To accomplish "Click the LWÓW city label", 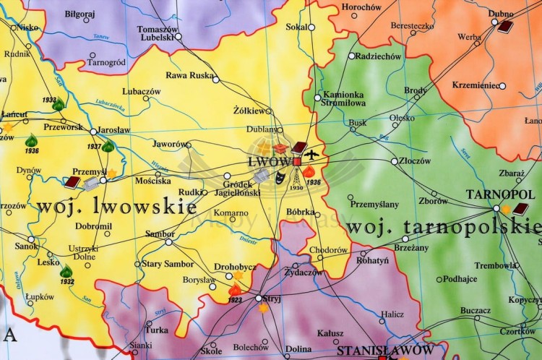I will pyautogui.click(x=268, y=161).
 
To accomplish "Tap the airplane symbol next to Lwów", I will pyautogui.click(x=311, y=154).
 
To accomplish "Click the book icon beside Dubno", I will pyautogui.click(x=505, y=27).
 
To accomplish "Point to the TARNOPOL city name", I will pyautogui.click(x=494, y=194).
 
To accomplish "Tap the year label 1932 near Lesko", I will pyautogui.click(x=66, y=282).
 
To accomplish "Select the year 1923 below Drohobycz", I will pyautogui.click(x=234, y=299).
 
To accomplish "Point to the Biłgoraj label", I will pyautogui.click(x=79, y=13).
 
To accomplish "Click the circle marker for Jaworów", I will pyautogui.click(x=189, y=145).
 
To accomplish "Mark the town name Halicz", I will pyautogui.click(x=393, y=314).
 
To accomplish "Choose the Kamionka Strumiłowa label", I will pyautogui.click(x=344, y=99).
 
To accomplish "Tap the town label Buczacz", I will pyautogui.click(x=476, y=310).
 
